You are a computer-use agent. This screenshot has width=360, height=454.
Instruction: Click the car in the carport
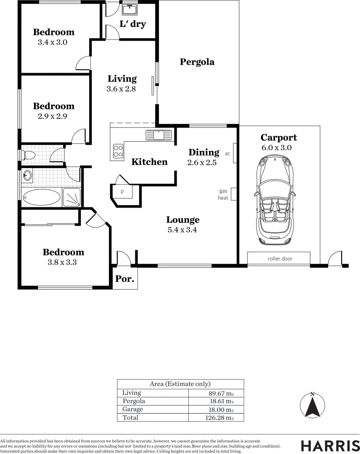(275, 200)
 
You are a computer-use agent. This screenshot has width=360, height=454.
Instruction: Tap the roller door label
(280, 259)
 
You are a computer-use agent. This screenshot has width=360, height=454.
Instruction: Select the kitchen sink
(159, 135)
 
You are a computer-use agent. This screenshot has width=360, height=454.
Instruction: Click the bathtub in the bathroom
(41, 197)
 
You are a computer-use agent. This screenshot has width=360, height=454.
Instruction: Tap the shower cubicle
(72, 197)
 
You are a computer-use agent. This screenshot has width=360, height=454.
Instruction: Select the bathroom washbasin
(27, 175)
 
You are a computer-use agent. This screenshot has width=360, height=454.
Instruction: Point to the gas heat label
(223, 194)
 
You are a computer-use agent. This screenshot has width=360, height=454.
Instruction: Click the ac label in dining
(228, 153)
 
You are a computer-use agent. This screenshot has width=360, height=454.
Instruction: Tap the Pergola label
(197, 62)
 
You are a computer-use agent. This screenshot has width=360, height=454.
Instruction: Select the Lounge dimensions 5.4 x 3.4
(182, 230)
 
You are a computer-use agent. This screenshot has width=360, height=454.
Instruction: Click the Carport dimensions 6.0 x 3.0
(277, 148)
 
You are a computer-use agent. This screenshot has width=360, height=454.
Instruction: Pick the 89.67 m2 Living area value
(221, 393)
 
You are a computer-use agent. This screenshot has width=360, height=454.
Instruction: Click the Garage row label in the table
(132, 409)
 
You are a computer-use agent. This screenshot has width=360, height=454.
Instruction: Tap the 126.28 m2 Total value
(220, 418)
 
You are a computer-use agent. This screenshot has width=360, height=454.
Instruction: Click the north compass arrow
(312, 406)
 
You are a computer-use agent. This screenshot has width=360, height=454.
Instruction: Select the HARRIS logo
(330, 446)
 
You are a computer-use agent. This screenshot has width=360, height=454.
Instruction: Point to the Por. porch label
(125, 279)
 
